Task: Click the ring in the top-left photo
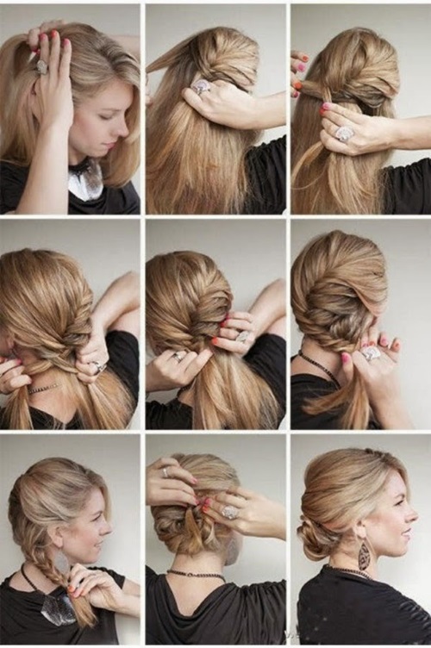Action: coord(41,65)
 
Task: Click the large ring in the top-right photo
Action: coord(344,134)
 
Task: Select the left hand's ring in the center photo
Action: coord(179,355)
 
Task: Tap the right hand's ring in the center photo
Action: coord(243,336)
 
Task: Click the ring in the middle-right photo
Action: coord(371,352)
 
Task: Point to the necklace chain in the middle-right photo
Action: coord(321,369)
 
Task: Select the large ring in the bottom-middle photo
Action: coord(230,512)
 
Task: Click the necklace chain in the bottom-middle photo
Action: coord(191,572)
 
